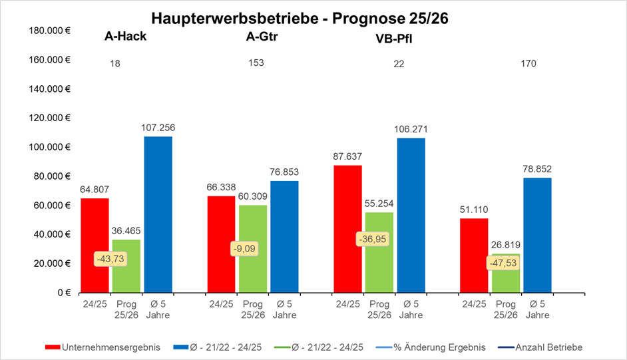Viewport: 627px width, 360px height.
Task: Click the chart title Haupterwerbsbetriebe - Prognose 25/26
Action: (x=300, y=18)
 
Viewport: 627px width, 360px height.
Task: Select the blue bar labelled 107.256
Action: (x=158, y=213)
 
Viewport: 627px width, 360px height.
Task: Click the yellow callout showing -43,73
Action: (x=110, y=258)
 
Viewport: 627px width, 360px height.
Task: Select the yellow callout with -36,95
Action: (x=371, y=238)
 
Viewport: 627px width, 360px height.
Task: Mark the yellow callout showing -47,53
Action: (x=501, y=262)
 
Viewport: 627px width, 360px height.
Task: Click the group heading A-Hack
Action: (x=125, y=36)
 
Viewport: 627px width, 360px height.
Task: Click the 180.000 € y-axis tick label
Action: (x=51, y=31)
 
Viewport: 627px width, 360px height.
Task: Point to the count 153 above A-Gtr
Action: (x=256, y=63)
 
